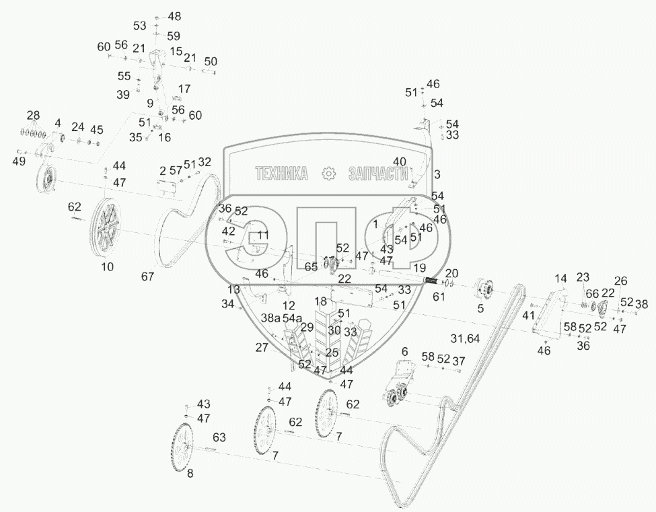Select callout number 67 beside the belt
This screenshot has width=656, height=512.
(147, 276)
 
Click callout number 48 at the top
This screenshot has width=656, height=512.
(174, 15)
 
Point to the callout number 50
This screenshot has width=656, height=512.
(211, 61)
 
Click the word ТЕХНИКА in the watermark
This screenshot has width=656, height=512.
(281, 174)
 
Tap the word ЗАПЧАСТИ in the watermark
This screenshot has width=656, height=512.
(378, 174)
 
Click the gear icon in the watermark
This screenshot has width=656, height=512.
(329, 174)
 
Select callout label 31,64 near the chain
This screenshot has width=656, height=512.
(465, 338)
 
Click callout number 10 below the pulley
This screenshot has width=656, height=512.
(108, 266)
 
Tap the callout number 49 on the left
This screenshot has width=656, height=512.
(19, 161)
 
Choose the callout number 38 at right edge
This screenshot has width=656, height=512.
(642, 303)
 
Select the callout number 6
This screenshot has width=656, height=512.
(404, 352)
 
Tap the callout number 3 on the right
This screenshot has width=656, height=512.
(437, 174)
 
